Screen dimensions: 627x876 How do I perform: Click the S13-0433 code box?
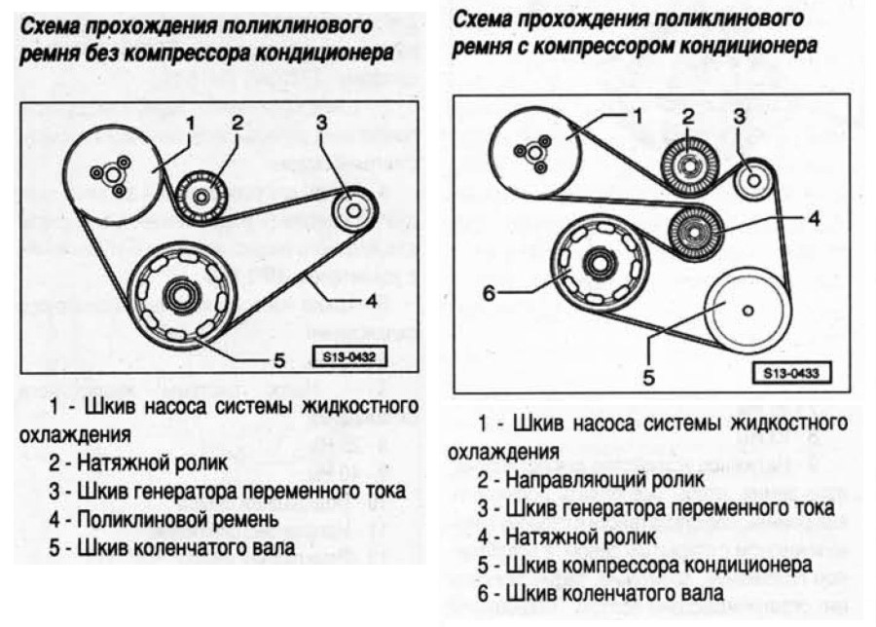(x=787, y=372)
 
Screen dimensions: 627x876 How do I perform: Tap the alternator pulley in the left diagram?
(x=352, y=209)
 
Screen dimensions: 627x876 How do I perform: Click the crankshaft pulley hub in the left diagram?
(x=179, y=293)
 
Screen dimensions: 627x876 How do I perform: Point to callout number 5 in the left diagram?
(x=279, y=361)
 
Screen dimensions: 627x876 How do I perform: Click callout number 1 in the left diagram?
(x=191, y=124)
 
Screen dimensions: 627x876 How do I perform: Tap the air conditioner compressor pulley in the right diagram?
(x=747, y=310)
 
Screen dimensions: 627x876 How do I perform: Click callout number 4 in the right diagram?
(x=813, y=219)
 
